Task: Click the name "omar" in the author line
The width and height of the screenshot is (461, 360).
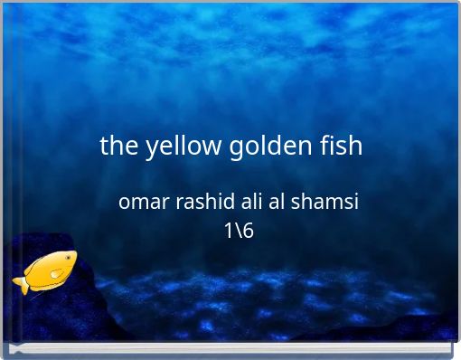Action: click(x=142, y=203)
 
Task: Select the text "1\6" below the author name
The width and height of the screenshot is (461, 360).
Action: click(x=239, y=231)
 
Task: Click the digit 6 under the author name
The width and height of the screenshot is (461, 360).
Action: click(x=249, y=231)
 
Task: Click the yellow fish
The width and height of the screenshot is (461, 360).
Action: click(x=46, y=270)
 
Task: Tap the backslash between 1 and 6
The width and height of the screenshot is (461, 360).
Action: click(x=239, y=231)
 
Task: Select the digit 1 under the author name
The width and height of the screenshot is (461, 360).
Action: click(x=229, y=231)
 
